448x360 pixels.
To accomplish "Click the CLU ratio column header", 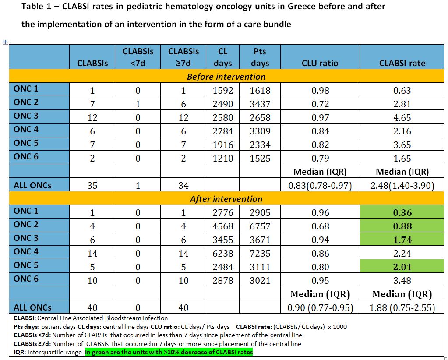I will (320, 63).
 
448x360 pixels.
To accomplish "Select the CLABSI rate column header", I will (402, 63).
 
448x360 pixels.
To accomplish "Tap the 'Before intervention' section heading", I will (226, 77).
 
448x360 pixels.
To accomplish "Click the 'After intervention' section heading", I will (226, 199).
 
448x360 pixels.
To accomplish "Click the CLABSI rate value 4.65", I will (402, 118).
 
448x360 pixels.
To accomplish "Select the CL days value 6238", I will (223, 254).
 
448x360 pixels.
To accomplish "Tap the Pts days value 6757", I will (260, 226).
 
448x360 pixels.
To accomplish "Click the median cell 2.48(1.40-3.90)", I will (402, 186).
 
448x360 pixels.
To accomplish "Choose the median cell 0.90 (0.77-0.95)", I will (320, 308).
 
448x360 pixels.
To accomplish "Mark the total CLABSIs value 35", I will (92, 186).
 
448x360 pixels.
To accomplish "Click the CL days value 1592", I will (223, 91).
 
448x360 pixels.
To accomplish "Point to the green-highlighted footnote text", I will (169, 352).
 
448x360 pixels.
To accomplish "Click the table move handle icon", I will (5, 42).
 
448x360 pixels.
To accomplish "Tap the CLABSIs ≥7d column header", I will (183, 57).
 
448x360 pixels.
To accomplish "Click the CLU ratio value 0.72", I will (320, 104).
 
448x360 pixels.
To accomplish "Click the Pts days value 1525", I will (260, 159).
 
